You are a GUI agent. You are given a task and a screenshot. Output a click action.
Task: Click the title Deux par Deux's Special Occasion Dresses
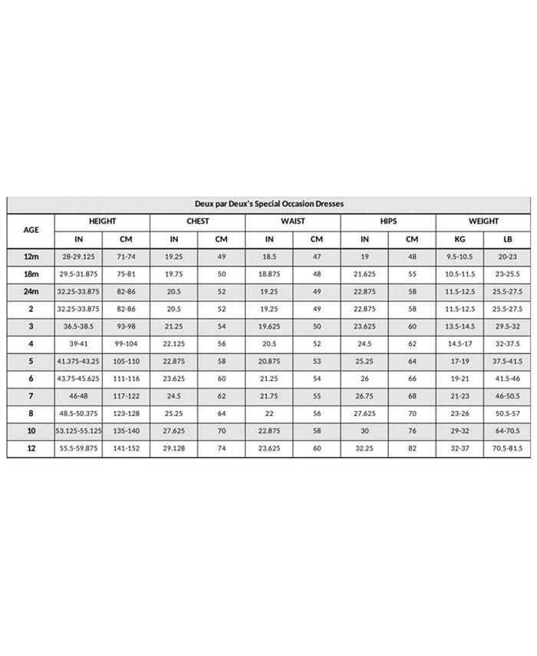click(x=268, y=205)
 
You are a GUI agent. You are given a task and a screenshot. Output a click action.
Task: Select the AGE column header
click(x=31, y=230)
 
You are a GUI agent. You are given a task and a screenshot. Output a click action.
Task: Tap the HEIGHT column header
click(x=102, y=221)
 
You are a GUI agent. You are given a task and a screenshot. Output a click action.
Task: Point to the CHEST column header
click(x=198, y=221)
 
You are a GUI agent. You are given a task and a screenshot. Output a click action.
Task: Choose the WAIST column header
click(x=293, y=221)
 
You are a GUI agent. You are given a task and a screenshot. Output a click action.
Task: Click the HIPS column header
click(x=388, y=221)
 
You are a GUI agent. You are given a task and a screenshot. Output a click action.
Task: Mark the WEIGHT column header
click(x=483, y=221)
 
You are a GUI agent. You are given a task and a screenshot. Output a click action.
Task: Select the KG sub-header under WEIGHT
click(x=460, y=239)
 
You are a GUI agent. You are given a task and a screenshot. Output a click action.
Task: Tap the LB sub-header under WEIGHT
click(x=507, y=239)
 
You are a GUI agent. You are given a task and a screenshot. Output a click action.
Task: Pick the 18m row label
click(x=31, y=274)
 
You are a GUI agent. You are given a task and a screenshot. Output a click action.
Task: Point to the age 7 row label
click(x=31, y=396)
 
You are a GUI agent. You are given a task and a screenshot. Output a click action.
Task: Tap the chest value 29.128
click(x=174, y=448)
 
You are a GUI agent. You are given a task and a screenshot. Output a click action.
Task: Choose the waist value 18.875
click(x=269, y=274)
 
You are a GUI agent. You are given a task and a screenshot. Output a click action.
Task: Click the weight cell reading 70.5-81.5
click(x=507, y=448)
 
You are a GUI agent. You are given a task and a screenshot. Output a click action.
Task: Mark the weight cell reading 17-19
click(x=460, y=362)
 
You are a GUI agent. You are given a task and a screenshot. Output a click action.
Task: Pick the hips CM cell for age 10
click(x=412, y=431)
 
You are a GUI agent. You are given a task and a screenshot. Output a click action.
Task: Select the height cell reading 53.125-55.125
click(x=79, y=431)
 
